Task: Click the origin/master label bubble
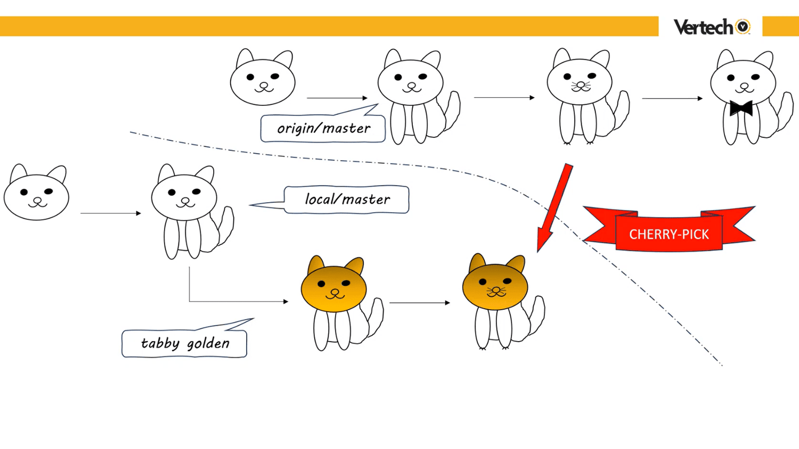click(323, 129)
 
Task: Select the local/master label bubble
click(347, 199)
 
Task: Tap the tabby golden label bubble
click(184, 344)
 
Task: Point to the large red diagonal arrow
click(555, 207)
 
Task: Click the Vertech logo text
click(703, 27)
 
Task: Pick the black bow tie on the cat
click(741, 108)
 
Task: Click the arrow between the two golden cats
click(420, 303)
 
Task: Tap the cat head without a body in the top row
click(263, 79)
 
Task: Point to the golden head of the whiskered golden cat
click(495, 285)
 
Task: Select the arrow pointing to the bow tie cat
click(672, 98)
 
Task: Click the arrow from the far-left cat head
click(110, 213)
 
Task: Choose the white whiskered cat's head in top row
click(580, 80)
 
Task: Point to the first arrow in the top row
click(337, 98)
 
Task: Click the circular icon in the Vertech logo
click(743, 27)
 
